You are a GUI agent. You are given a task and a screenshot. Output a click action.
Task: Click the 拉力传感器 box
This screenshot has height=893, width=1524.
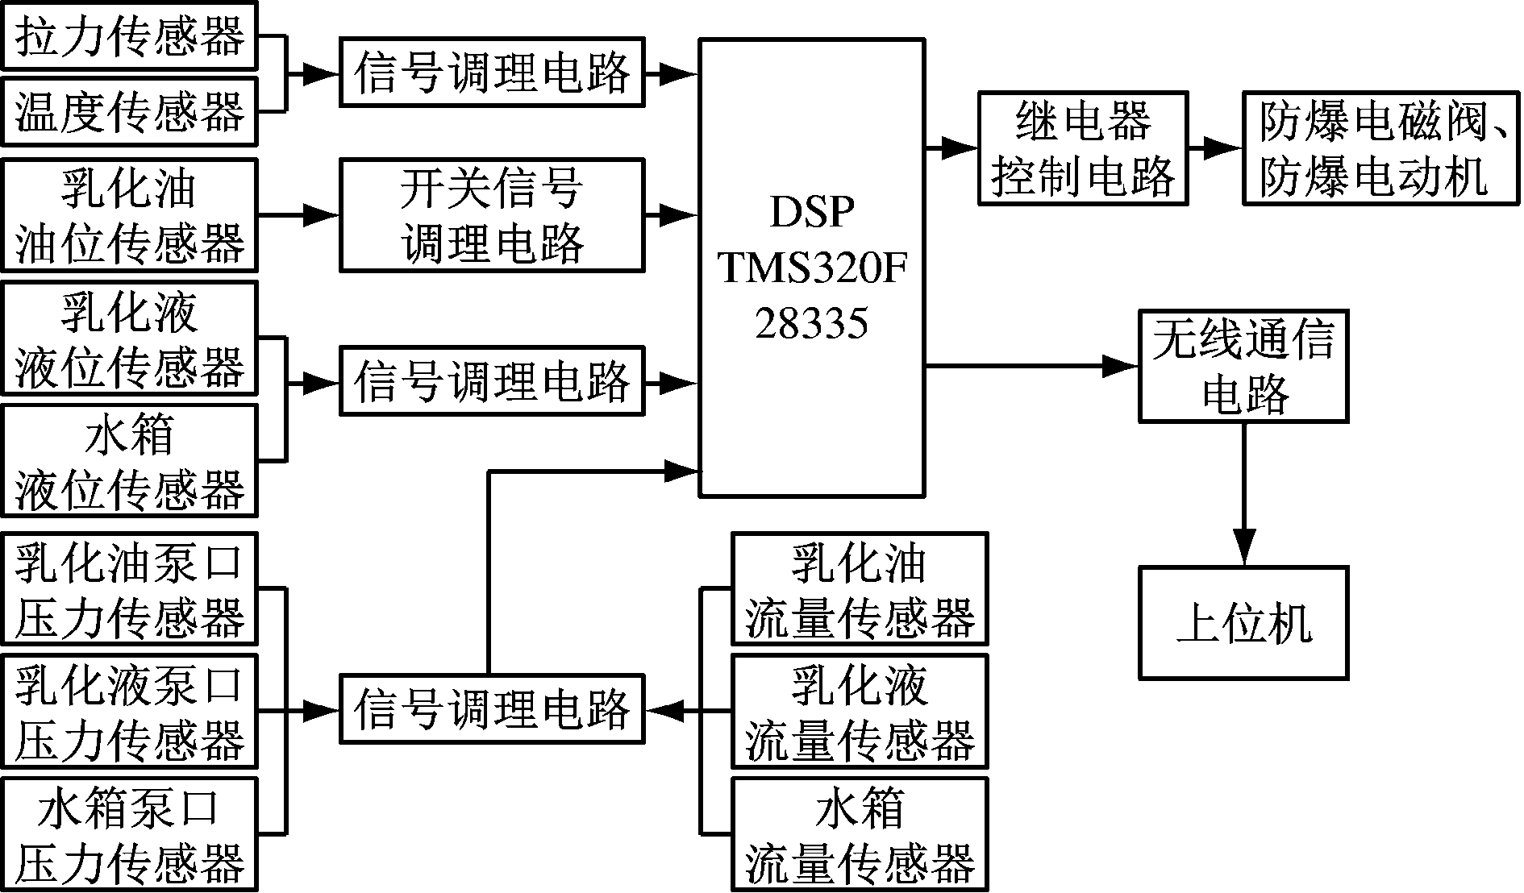[x=129, y=36]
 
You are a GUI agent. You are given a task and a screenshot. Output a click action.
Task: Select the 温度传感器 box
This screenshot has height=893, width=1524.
[x=129, y=111]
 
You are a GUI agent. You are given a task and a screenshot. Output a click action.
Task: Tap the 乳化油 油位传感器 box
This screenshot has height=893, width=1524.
[x=129, y=215]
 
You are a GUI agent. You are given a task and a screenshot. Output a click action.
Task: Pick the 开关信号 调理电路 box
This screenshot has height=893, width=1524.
[x=492, y=215]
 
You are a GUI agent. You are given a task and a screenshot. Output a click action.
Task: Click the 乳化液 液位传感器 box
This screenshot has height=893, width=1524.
[x=129, y=339]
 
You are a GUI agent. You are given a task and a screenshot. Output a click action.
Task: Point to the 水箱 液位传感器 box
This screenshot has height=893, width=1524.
[x=129, y=461]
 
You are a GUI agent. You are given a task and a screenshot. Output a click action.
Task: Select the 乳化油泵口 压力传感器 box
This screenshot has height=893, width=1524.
[x=129, y=589]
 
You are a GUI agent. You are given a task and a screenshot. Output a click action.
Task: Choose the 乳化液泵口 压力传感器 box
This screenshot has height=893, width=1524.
[x=129, y=712]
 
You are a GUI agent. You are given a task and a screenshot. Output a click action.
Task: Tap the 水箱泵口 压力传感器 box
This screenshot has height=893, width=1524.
[x=129, y=834]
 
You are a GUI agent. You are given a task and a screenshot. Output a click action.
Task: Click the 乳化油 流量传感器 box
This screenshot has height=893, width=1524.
[x=860, y=589]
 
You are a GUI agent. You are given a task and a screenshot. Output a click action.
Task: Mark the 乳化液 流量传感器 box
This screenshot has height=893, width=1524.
[x=860, y=712]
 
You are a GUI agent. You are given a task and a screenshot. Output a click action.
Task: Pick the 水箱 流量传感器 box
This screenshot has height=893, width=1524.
[x=860, y=834]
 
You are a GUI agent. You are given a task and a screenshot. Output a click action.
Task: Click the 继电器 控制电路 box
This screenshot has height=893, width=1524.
[x=1083, y=148]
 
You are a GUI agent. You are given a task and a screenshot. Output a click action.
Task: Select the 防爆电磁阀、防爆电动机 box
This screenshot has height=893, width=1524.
[x=1381, y=148]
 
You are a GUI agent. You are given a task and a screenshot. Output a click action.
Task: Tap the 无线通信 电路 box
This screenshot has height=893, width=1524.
[x=1243, y=366]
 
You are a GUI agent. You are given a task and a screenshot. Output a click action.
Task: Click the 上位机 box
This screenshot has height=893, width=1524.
[x=1243, y=622]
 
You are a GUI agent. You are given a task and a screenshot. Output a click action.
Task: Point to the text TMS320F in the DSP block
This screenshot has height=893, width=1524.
[x=812, y=268]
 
